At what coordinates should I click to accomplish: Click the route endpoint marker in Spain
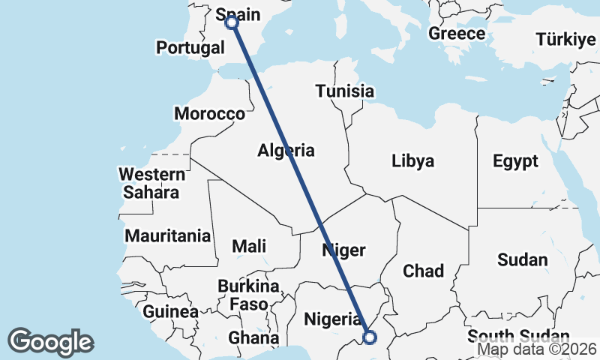point(232,22)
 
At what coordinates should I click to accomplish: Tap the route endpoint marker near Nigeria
point(369,337)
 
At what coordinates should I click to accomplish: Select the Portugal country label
point(190,48)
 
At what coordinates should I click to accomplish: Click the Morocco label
point(209,114)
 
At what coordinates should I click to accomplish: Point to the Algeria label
point(286,150)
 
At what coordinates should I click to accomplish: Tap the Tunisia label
point(344,91)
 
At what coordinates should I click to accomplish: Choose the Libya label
point(412,160)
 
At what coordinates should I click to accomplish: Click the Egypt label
point(515,160)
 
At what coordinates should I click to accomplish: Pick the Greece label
point(457,34)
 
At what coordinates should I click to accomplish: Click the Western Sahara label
point(152,183)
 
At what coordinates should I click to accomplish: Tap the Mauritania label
point(168,235)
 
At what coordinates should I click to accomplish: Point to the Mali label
point(249,245)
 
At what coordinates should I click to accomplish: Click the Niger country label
point(343,250)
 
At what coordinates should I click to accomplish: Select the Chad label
point(424,271)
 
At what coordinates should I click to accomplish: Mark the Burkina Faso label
point(248,295)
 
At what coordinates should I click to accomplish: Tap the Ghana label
point(248,337)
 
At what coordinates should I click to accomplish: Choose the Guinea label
point(170,311)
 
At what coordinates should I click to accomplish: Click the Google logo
point(50,342)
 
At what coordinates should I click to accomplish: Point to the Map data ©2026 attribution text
point(537,349)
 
